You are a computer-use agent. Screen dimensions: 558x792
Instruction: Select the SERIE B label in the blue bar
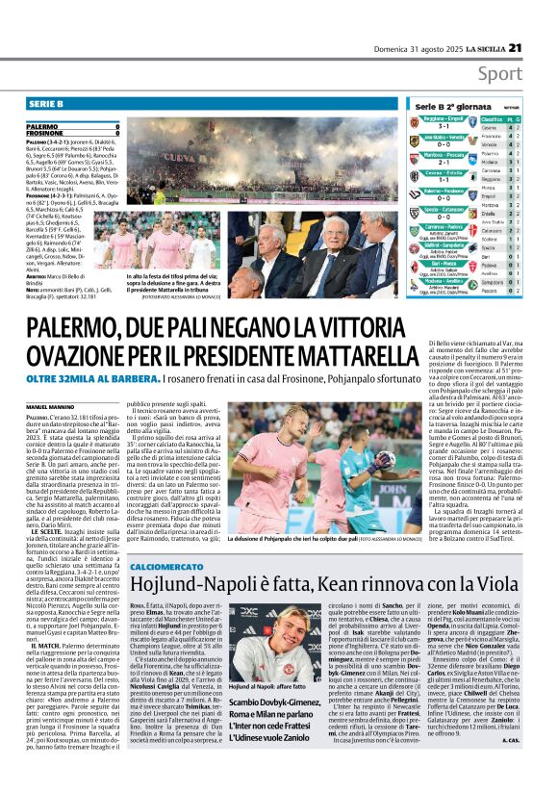click(46, 103)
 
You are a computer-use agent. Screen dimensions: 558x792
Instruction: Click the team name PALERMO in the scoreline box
click(42, 126)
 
